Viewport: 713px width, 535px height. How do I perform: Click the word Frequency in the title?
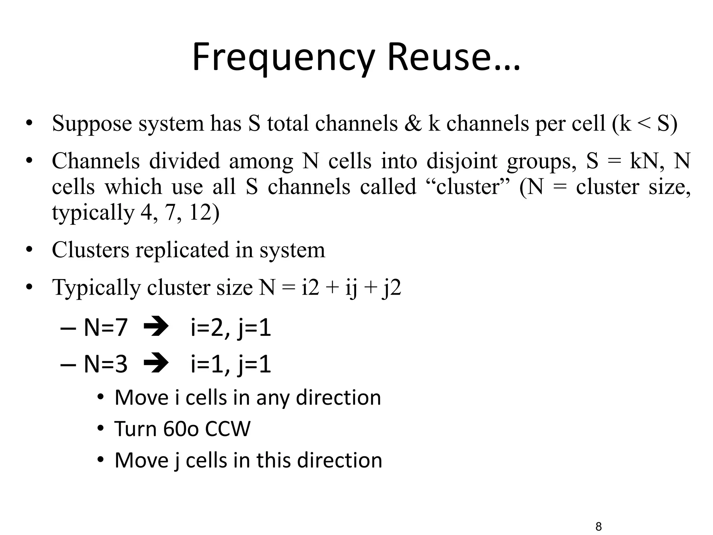point(283,57)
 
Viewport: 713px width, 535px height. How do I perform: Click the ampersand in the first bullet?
point(413,124)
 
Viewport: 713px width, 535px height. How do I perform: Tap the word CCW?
point(228,429)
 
